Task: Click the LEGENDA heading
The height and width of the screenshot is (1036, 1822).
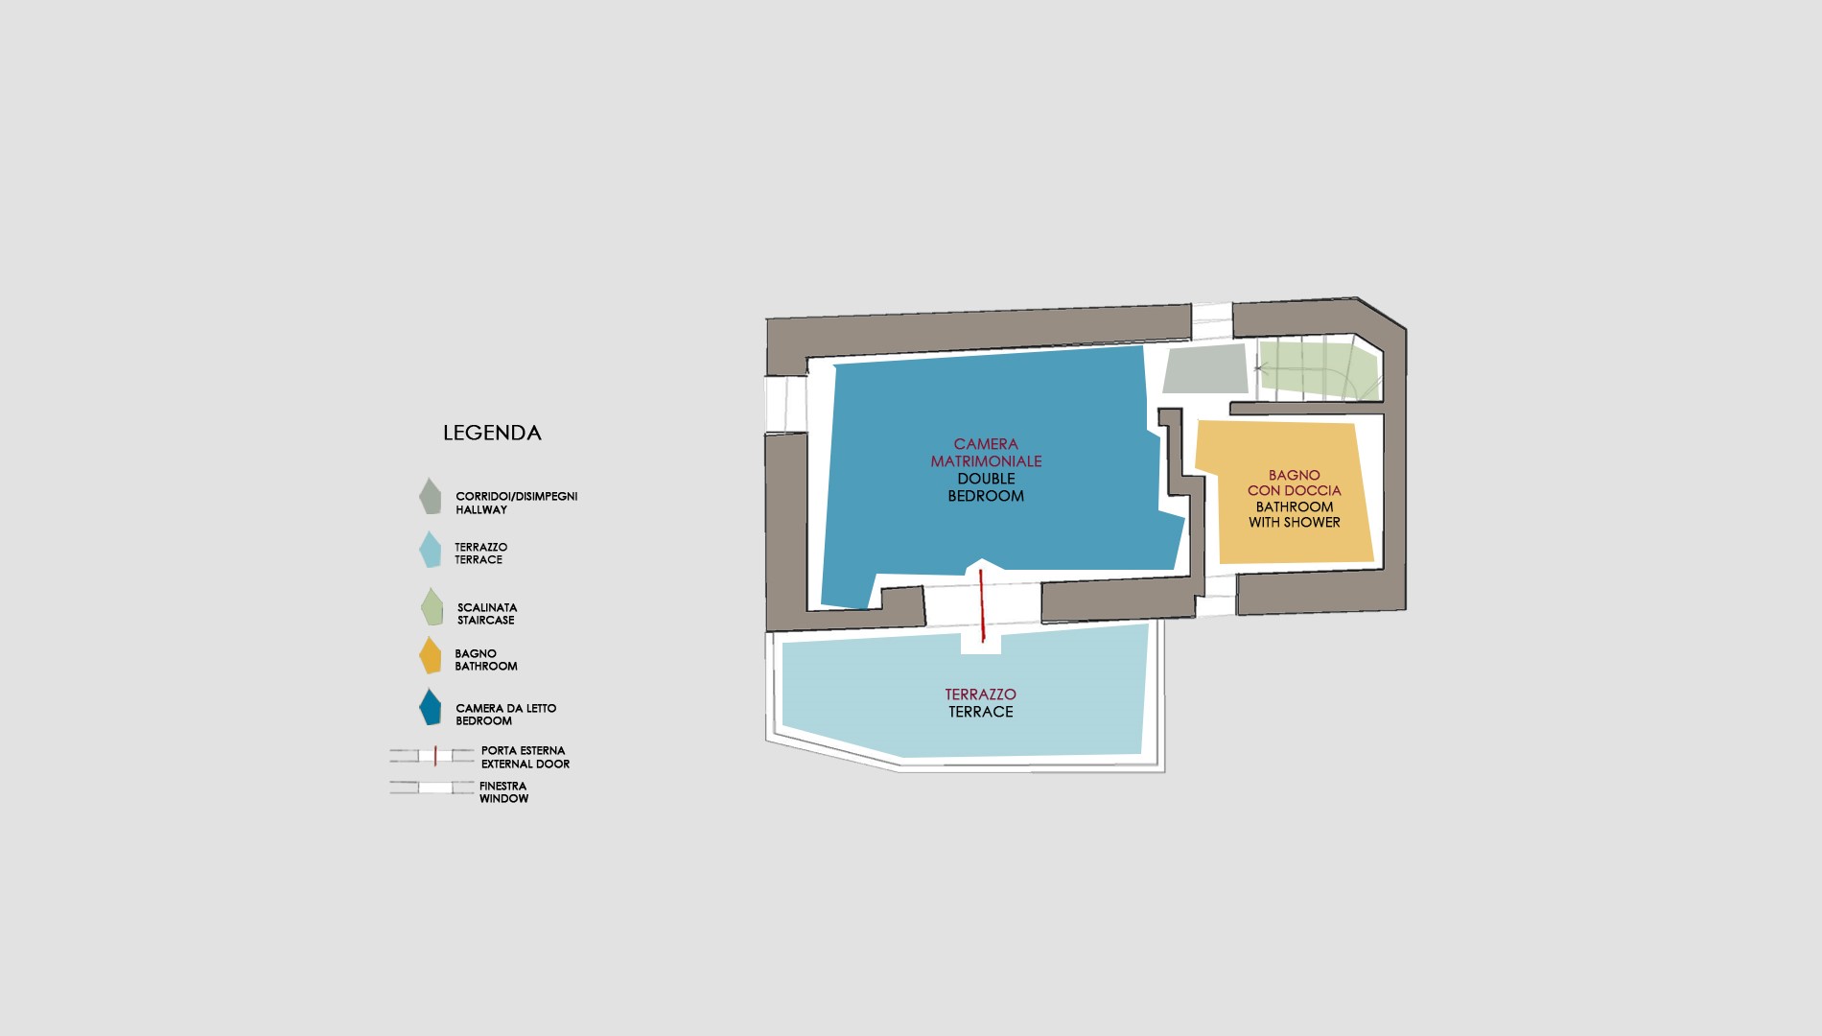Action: (492, 433)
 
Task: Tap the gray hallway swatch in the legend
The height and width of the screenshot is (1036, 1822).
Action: (430, 496)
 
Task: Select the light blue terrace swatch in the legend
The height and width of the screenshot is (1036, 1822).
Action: (430, 550)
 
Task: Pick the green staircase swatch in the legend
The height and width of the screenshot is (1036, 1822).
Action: (432, 606)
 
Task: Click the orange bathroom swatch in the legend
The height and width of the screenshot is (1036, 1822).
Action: (430, 655)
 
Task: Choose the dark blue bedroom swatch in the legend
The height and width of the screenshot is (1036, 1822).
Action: (430, 708)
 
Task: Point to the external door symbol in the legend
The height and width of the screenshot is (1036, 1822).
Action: (432, 756)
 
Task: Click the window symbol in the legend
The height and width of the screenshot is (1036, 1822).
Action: (432, 788)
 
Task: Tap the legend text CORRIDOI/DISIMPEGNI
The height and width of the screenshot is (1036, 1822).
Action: (517, 497)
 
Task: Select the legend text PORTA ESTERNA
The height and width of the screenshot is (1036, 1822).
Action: (524, 751)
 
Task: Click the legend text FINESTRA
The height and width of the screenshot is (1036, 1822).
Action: (503, 787)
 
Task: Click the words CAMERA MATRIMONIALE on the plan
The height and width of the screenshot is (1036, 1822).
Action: (986, 453)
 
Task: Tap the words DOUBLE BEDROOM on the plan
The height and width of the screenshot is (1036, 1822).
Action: (986, 487)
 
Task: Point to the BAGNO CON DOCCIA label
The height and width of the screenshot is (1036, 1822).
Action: (1295, 483)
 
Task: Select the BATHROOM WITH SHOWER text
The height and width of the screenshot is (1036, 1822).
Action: (1295, 514)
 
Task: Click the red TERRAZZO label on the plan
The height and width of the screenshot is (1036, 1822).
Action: (980, 695)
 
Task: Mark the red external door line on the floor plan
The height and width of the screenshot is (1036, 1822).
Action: (982, 604)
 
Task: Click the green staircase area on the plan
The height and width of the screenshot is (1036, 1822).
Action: (1319, 369)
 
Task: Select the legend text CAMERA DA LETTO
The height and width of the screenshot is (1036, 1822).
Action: (506, 709)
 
